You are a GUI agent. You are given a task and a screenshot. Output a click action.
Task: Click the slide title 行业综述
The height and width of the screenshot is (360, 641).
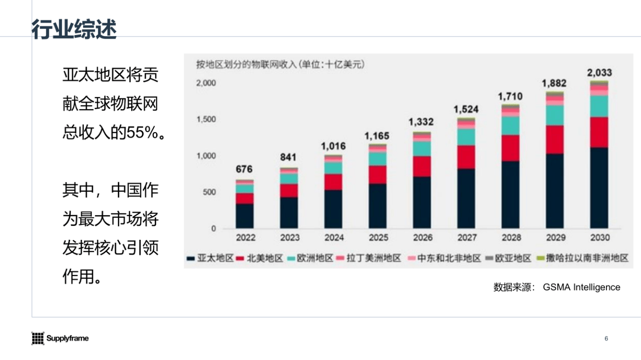(74, 30)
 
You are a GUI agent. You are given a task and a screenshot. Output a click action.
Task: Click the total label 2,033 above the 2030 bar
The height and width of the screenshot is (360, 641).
(599, 73)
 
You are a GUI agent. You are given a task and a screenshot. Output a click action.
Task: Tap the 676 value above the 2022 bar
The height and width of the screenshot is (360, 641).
(244, 169)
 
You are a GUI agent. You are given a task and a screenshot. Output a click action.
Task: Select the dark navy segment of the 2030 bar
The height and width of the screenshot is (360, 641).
(599, 188)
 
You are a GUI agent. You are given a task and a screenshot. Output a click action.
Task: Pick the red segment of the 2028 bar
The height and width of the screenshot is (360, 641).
(510, 148)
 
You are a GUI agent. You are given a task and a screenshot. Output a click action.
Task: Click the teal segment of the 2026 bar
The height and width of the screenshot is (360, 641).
(422, 148)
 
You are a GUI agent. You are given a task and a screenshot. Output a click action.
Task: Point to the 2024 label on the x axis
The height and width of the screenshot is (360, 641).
(334, 238)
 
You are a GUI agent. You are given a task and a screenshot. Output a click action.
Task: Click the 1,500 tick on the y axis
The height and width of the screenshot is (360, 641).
(206, 119)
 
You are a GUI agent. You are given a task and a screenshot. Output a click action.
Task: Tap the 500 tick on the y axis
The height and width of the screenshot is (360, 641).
(209, 192)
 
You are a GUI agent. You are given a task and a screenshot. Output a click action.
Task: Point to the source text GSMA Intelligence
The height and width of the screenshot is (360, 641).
(581, 287)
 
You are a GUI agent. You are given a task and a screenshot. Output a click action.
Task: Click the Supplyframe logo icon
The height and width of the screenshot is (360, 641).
(38, 338)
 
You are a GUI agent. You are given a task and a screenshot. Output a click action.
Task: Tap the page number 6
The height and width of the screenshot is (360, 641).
(606, 339)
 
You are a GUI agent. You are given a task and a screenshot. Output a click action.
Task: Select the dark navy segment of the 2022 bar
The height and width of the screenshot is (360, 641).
(244, 216)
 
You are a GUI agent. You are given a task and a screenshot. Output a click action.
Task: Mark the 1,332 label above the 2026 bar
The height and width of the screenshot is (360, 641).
(421, 122)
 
